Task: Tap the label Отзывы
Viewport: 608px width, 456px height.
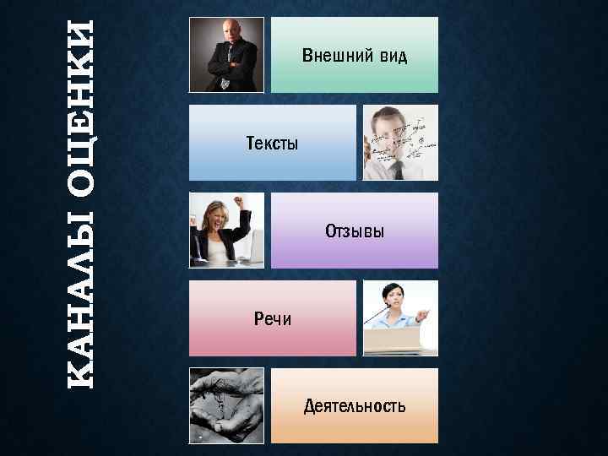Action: [x=355, y=231]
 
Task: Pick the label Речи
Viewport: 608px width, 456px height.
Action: [x=272, y=318]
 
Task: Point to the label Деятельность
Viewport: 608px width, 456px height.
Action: [x=354, y=406]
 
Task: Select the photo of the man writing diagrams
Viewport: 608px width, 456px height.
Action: [x=400, y=143]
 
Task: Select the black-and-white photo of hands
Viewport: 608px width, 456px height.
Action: [x=226, y=405]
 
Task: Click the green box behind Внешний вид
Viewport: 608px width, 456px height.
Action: [x=355, y=76]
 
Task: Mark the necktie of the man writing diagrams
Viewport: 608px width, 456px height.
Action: [x=398, y=169]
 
